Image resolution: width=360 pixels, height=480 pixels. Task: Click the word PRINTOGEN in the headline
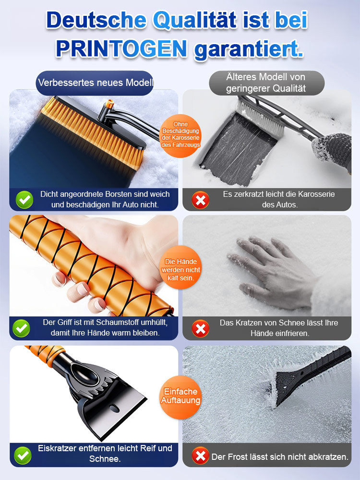[x=121, y=48]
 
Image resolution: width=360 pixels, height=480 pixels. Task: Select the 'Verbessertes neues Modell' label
[x=96, y=83]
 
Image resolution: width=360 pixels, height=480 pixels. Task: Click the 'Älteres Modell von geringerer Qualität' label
[x=266, y=83]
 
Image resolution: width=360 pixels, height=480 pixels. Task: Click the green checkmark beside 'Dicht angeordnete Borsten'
[x=24, y=199]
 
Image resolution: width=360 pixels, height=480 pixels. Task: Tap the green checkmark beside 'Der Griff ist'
[x=22, y=328]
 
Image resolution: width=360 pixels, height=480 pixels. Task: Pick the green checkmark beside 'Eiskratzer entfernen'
[x=22, y=454]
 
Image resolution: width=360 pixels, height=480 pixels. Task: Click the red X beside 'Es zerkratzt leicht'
[x=200, y=200]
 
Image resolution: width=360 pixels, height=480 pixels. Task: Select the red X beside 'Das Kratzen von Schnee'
[x=200, y=328]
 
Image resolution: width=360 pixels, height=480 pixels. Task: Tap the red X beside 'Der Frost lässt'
[x=200, y=455]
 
